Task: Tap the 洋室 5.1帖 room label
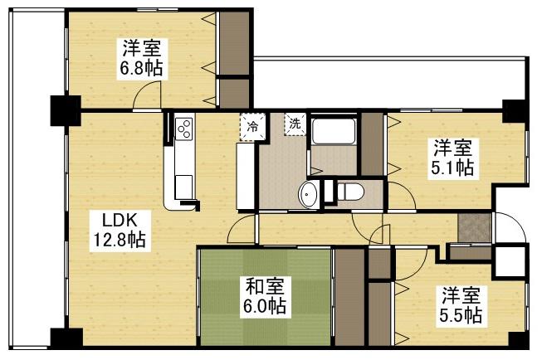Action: [452, 158]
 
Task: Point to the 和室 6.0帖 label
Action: [266, 297]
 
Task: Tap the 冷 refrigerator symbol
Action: [253, 127]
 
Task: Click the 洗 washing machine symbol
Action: [295, 124]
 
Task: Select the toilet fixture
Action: [349, 192]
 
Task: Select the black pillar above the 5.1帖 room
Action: [513, 109]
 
